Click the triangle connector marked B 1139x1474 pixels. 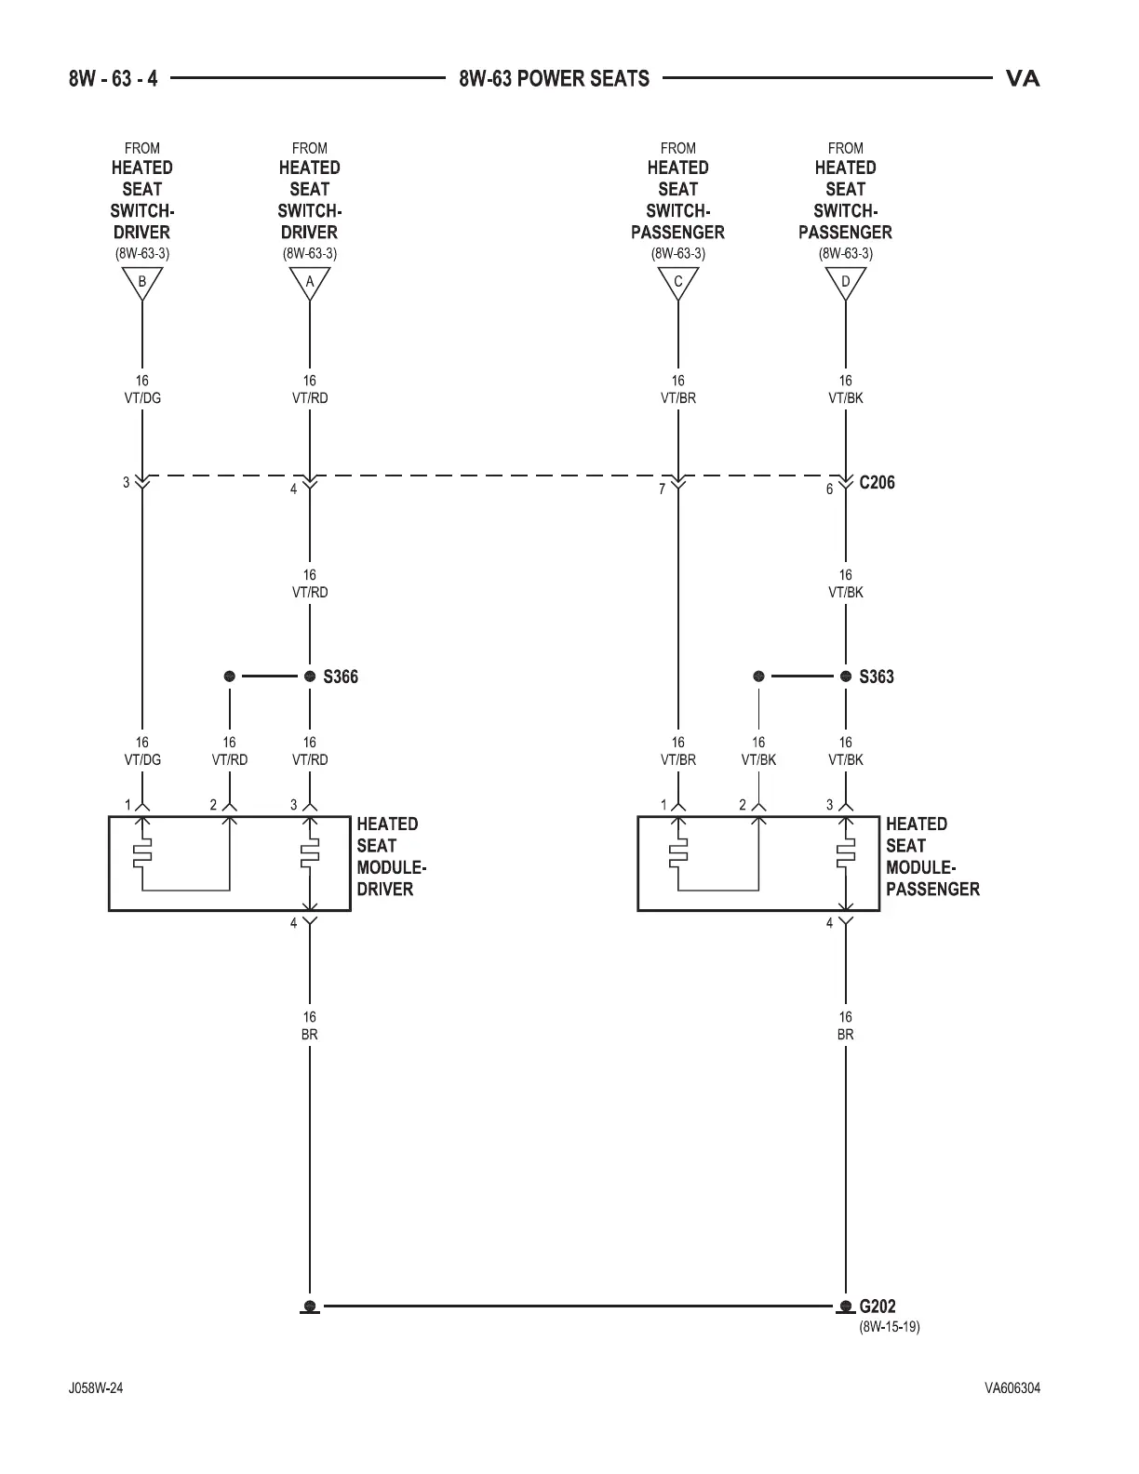tap(142, 282)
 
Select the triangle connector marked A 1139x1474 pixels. tap(310, 282)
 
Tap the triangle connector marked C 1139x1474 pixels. tap(677, 282)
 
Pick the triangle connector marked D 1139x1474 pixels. tap(845, 282)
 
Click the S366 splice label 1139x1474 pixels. tap(341, 677)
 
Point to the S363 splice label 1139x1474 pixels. tap(877, 677)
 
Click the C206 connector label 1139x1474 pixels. tap(877, 483)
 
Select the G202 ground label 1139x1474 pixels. tap(878, 1306)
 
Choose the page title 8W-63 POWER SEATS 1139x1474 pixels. tap(554, 79)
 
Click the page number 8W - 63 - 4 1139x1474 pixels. tap(114, 79)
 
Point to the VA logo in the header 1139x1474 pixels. tap(1023, 79)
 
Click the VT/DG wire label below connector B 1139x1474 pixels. tap(142, 398)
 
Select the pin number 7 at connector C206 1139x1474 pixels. tap(662, 489)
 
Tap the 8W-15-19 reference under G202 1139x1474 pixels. tap(889, 1326)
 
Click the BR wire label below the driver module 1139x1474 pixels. tap(310, 1034)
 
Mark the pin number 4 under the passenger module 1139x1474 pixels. tap(830, 924)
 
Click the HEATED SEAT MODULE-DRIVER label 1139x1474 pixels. tap(391, 856)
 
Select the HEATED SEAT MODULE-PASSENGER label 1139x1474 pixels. tap(931, 856)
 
